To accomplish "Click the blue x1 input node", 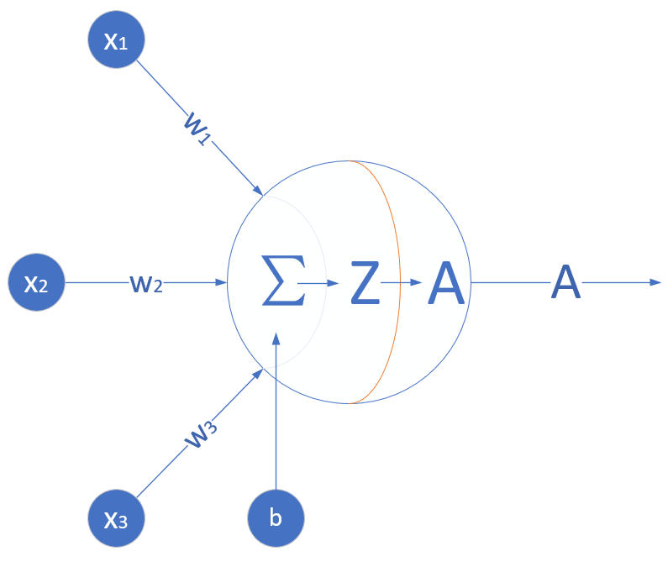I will click(x=116, y=41).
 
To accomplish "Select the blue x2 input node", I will click(x=35, y=283).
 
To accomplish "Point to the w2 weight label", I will click(x=146, y=283).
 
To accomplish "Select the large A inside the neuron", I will click(x=446, y=283).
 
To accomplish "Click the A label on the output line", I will click(x=565, y=283).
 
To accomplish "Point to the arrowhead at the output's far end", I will click(x=656, y=283).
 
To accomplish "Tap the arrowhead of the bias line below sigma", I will click(x=276, y=339).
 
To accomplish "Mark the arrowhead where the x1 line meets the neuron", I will click(x=258, y=190).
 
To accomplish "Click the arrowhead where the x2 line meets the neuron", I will click(x=223, y=283).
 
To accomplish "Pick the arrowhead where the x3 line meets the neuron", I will click(x=259, y=375).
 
